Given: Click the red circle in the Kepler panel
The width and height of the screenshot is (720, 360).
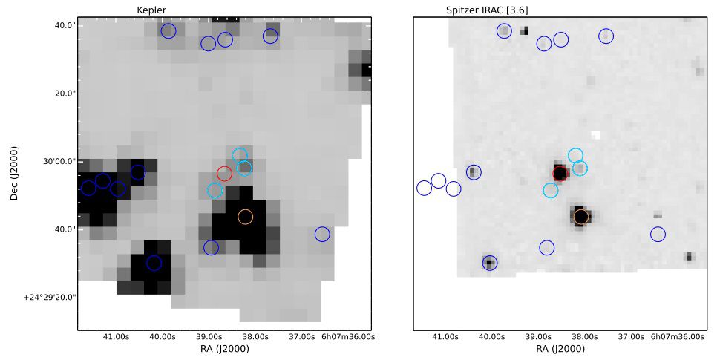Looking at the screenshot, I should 224,174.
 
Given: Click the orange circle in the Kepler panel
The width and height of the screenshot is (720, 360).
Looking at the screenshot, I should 245,217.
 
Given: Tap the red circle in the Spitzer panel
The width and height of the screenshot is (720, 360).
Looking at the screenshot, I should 560,174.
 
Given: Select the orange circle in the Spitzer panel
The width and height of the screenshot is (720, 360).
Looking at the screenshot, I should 581,217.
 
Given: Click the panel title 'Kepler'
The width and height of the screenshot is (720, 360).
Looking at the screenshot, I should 151,9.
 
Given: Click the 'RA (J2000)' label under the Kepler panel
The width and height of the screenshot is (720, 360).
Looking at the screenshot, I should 224,349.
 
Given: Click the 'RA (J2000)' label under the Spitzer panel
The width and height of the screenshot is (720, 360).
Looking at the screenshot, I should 560,349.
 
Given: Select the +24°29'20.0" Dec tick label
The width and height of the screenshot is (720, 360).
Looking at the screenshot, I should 50,297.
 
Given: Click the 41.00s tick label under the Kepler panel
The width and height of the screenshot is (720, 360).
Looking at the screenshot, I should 117,337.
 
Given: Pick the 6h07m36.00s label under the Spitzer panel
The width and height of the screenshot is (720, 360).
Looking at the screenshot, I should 677,337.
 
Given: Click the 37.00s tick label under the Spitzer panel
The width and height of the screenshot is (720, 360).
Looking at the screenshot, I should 631,337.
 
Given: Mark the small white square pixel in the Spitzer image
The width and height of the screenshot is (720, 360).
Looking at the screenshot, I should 595,135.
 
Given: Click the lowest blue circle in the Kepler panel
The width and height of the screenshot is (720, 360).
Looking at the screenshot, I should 154,263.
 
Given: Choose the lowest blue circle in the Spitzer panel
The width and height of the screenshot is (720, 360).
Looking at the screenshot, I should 489,262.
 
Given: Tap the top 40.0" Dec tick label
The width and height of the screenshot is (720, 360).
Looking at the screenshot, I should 65,25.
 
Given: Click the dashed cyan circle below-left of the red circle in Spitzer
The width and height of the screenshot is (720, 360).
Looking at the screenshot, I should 550,191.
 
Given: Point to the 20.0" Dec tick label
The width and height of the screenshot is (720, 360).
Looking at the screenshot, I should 65,94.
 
